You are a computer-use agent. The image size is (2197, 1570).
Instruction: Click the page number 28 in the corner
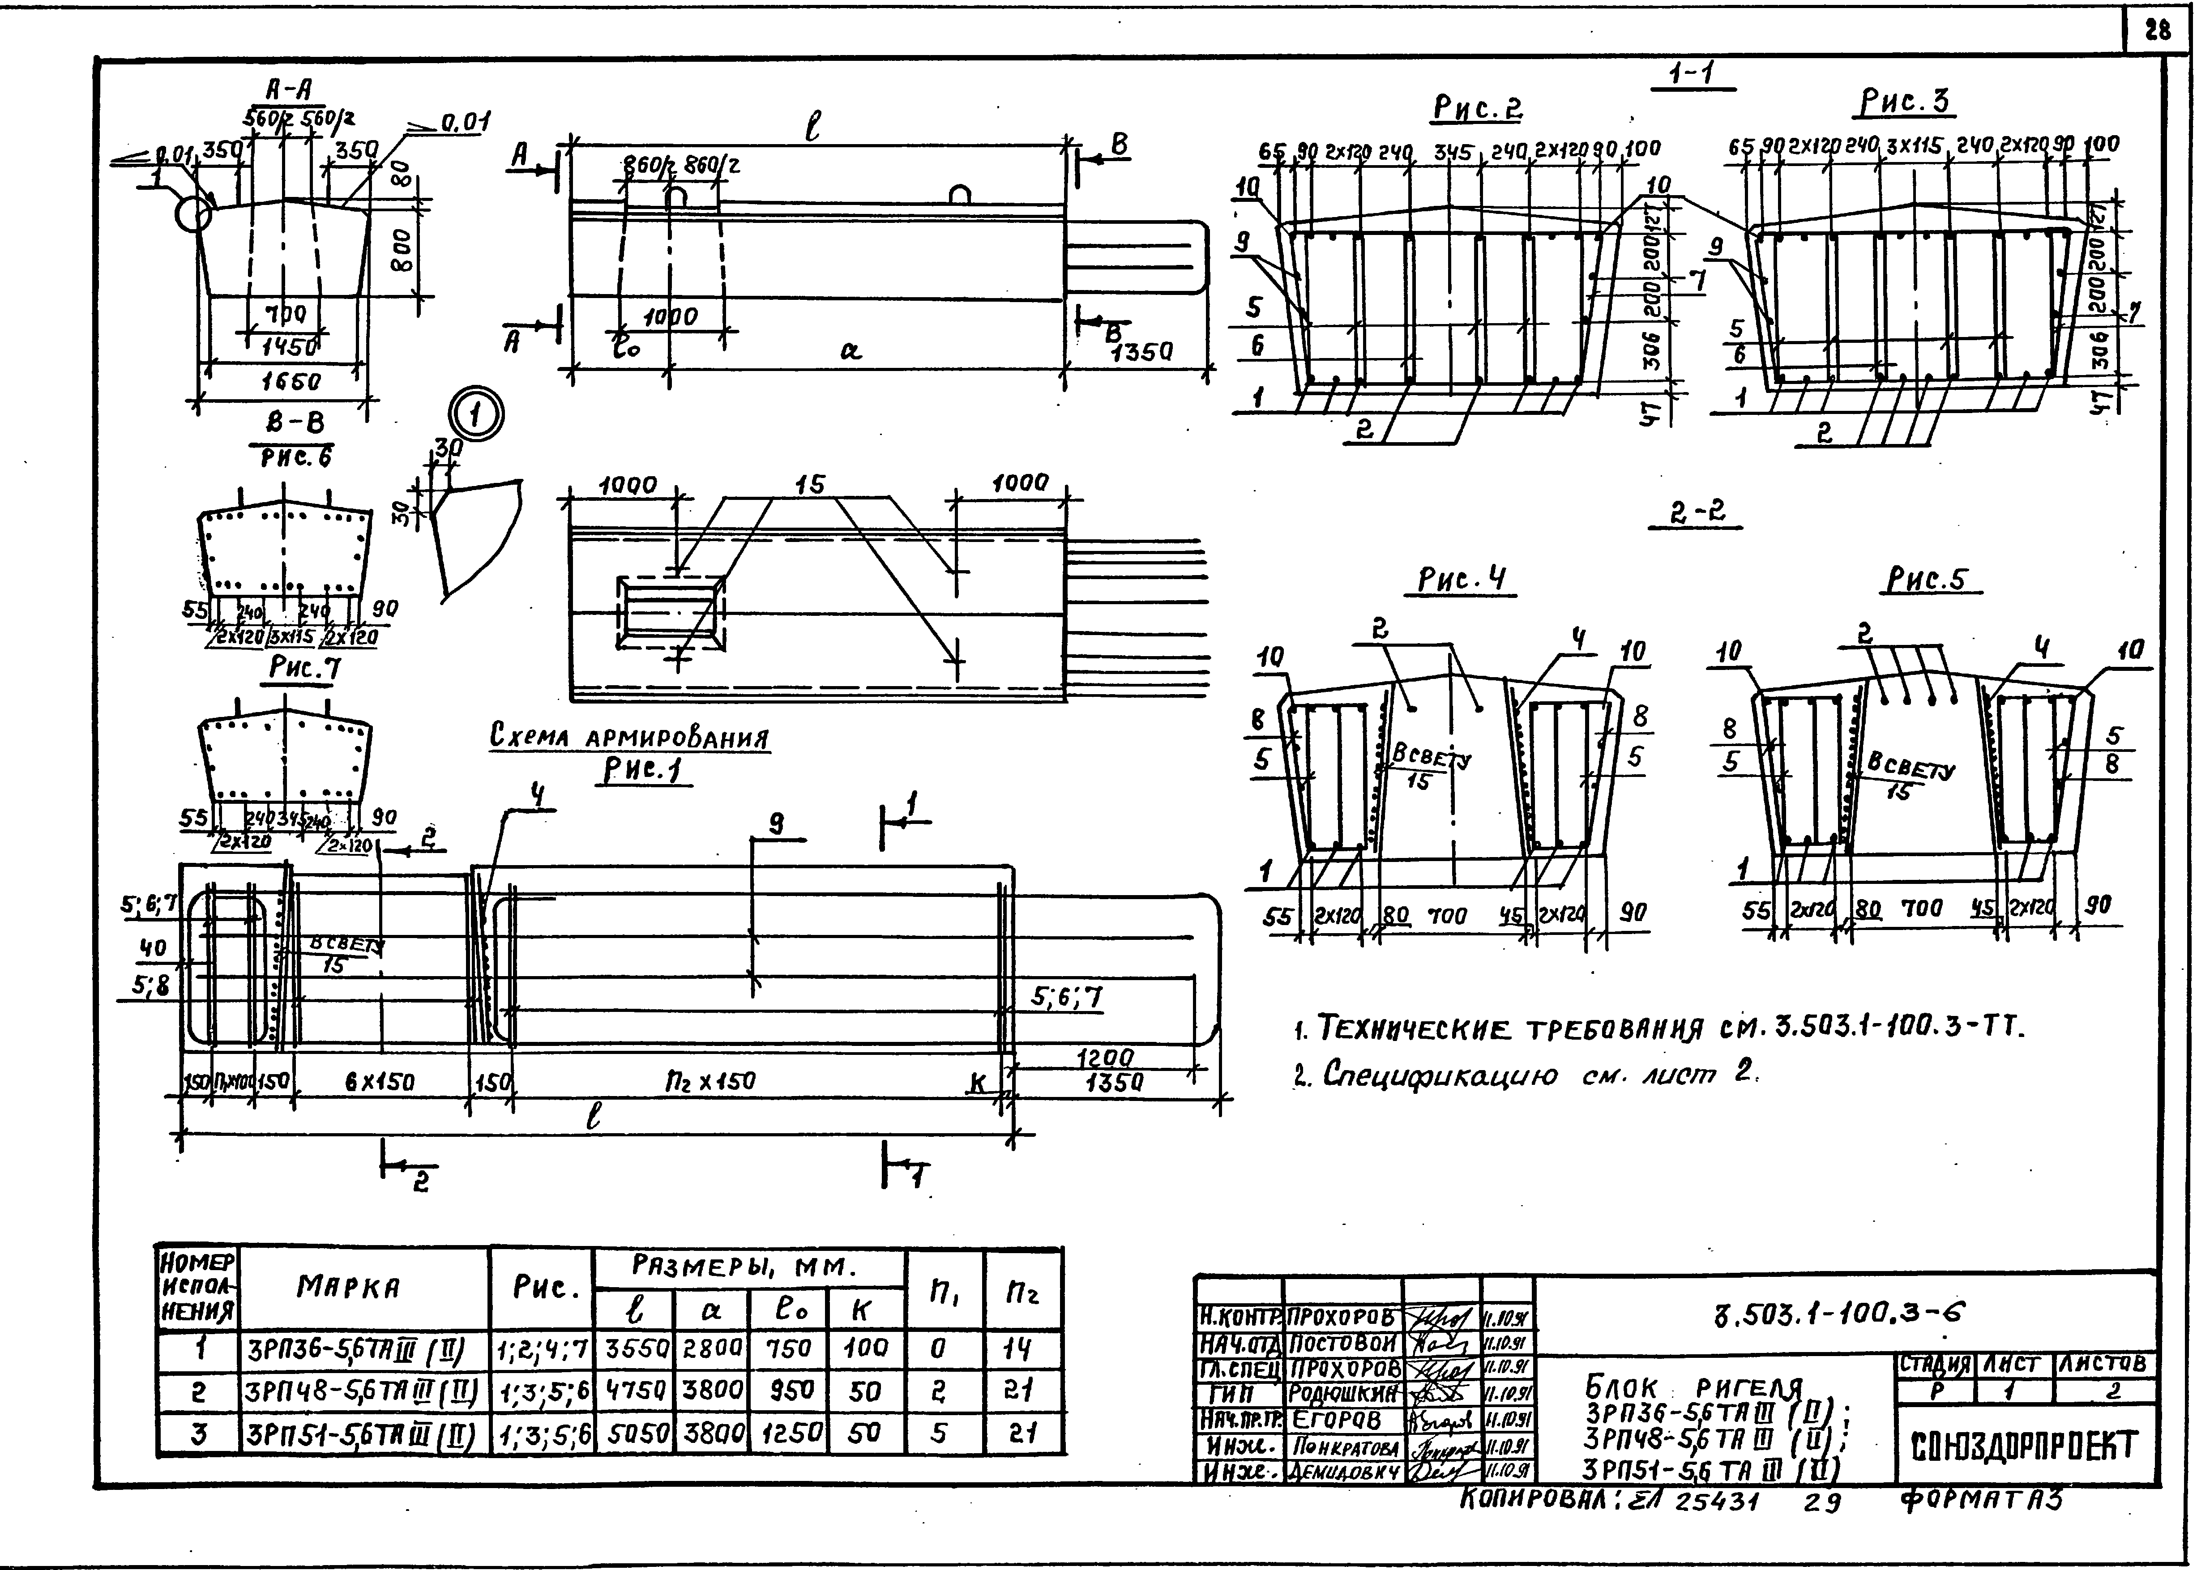(x=2156, y=31)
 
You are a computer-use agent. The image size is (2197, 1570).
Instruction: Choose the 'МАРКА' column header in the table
(x=348, y=1288)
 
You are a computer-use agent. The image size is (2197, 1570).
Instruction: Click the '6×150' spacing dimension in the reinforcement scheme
(x=380, y=1083)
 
